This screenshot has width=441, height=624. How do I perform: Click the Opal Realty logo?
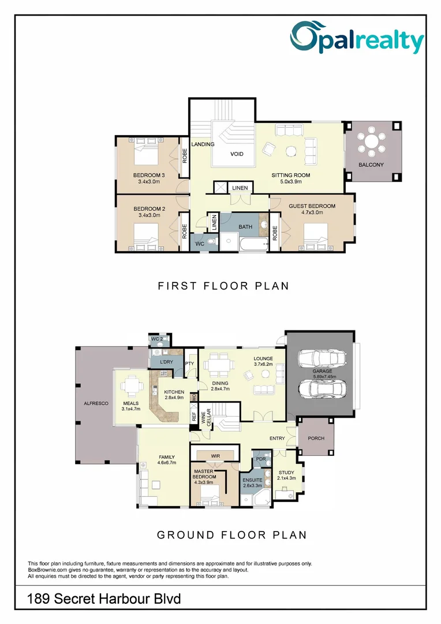coord(357,37)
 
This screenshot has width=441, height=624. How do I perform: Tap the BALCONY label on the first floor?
coord(371,165)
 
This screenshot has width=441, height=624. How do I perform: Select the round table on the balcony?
coord(371,142)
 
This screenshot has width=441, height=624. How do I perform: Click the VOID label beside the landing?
coord(237,154)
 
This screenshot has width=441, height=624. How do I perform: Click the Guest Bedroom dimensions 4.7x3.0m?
coord(312,213)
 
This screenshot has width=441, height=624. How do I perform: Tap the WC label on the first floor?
coord(200,244)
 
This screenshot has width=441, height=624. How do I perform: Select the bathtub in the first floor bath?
coord(254,243)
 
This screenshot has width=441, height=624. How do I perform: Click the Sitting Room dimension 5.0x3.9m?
coord(291,181)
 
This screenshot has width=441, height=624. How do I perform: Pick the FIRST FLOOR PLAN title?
coord(223,286)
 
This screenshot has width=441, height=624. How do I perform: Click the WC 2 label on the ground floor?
coord(157,339)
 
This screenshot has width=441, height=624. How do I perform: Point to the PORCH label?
coord(316,438)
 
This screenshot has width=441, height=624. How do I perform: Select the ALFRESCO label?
coord(96,403)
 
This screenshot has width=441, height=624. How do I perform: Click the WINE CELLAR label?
coord(206,418)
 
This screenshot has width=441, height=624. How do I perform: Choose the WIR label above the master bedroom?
coord(215,456)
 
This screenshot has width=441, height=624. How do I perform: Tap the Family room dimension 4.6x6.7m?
coord(167,463)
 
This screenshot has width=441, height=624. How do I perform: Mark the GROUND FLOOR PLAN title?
coord(232,535)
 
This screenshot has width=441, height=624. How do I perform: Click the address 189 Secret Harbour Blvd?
coord(104,599)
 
